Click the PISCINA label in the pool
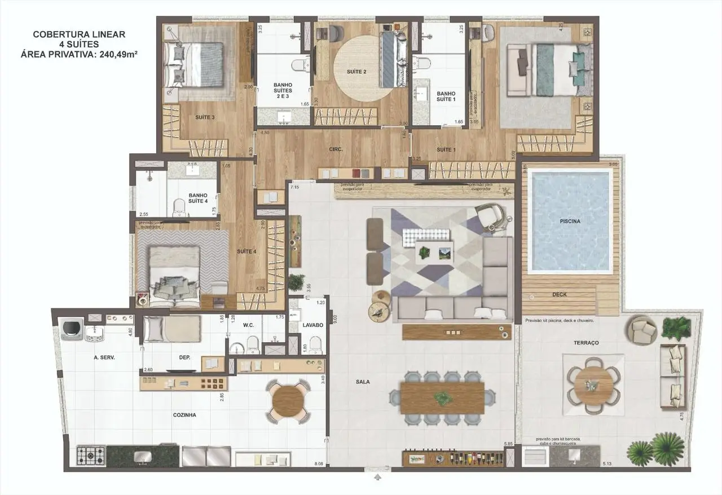coord(571,222)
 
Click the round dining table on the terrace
coord(592,384)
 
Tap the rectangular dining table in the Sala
coord(442,397)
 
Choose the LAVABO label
coord(312,325)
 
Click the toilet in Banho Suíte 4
coord(180,207)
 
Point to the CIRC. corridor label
coord(336,150)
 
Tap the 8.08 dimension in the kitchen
coord(319,464)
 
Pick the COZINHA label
coord(184,414)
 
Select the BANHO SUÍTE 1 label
coord(446,96)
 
